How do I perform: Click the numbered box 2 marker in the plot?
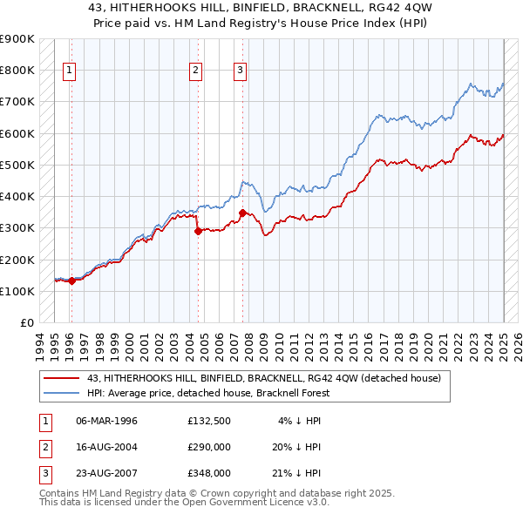point(196,71)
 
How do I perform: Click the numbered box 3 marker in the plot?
point(241,71)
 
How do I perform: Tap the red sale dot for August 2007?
point(242,213)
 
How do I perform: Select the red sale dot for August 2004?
point(198,231)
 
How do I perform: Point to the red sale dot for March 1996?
point(71,281)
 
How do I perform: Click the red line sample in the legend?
point(63,378)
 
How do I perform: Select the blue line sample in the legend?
point(63,392)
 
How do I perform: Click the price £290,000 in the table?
point(208,447)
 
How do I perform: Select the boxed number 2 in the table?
point(44,447)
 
